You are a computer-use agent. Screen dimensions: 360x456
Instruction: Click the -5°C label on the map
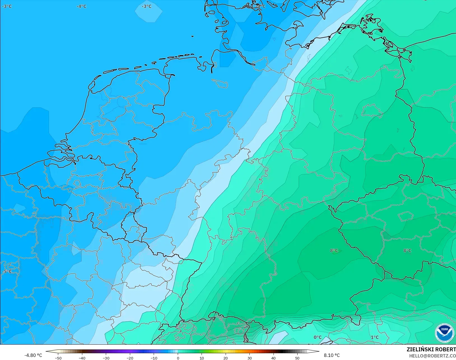pos(7,272)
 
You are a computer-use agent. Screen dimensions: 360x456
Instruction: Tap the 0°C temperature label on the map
pos(317,337)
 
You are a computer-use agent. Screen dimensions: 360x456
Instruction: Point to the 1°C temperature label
pos(375,337)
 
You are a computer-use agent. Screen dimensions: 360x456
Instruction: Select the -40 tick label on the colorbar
pos(82,358)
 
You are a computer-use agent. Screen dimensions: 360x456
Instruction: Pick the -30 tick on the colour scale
pos(106,358)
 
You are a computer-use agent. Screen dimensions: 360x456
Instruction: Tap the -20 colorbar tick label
pos(130,358)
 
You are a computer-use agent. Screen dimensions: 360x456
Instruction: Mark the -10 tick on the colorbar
pos(154,358)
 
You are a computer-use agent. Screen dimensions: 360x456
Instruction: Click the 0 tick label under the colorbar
pos(178,358)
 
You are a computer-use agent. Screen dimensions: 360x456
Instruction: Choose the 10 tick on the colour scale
pos(202,358)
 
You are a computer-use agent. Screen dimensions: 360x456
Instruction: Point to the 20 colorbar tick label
pos(226,358)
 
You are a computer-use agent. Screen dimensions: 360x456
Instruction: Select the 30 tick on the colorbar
pos(249,358)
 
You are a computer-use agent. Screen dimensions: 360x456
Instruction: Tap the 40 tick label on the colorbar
pos(273,358)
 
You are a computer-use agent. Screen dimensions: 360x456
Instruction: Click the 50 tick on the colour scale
pos(297,358)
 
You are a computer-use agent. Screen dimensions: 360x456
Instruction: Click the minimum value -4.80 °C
pos(33,355)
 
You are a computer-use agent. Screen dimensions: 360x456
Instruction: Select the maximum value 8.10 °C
pos(332,355)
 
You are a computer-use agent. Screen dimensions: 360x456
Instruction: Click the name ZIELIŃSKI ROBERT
pos(431,350)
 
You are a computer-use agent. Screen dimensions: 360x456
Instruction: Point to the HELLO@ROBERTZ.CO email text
pos(432,356)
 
